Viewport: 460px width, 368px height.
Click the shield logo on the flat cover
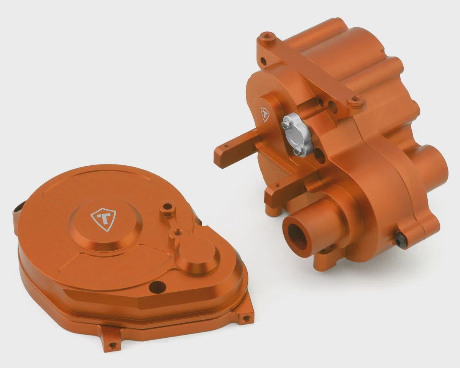[x=103, y=220]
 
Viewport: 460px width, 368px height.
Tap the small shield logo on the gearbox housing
[x=265, y=114]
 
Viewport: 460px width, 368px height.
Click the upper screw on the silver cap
[x=285, y=125]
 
